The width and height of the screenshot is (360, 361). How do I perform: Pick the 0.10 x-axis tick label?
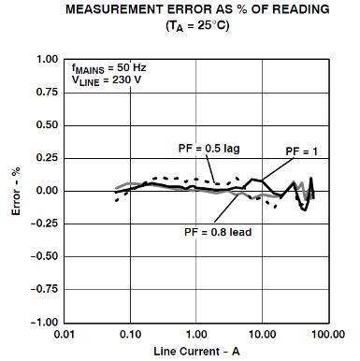coord(130,334)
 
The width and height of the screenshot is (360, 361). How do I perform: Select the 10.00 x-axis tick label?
coord(261,334)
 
